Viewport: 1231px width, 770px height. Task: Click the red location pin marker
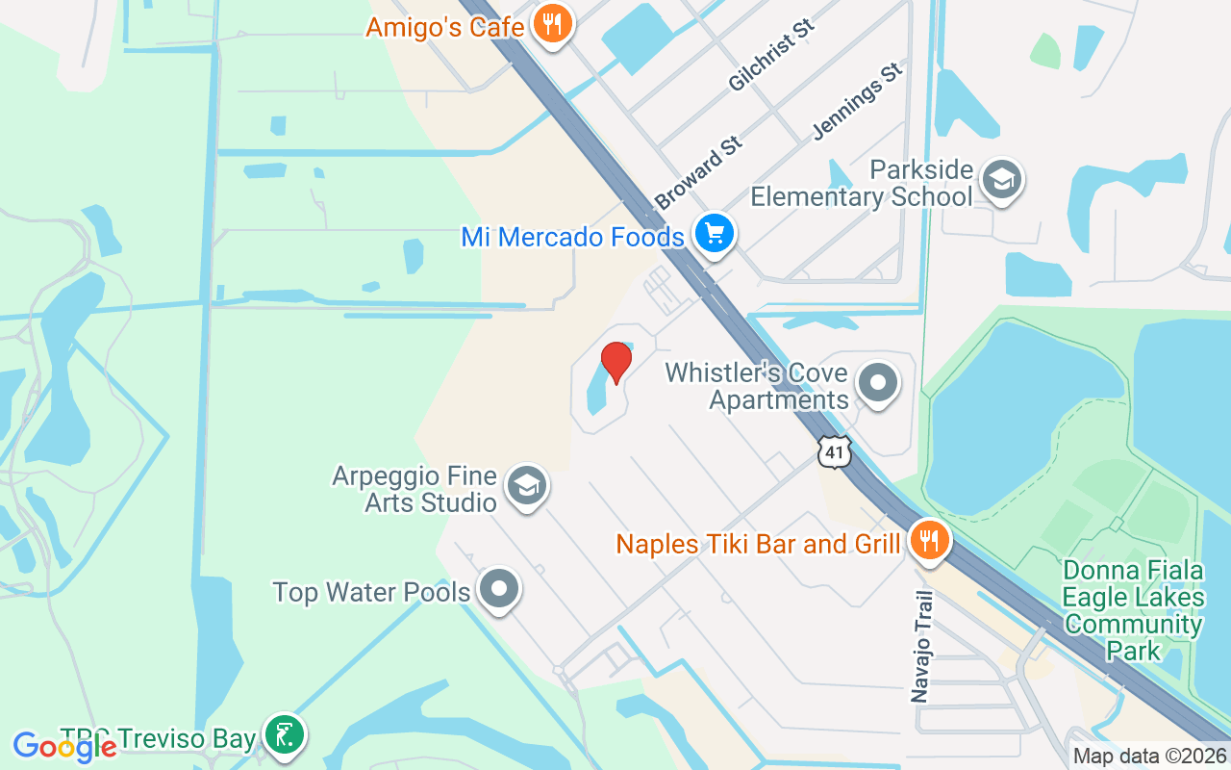[x=615, y=362]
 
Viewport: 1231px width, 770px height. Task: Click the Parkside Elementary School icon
[x=1001, y=179]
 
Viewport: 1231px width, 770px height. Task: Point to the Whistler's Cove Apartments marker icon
[x=877, y=383]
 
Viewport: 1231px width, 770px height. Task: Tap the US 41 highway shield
[x=835, y=450]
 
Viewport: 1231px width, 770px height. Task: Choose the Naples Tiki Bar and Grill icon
[x=928, y=540]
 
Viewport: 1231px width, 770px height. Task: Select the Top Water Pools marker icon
[x=498, y=588]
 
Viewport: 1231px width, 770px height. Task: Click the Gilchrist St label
[x=771, y=55]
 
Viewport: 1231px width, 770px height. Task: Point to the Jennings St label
[x=858, y=100]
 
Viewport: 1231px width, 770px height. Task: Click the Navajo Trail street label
[x=921, y=646]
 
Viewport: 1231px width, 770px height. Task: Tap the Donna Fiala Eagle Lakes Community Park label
[x=1134, y=610]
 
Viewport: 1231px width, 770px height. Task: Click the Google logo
[x=64, y=746]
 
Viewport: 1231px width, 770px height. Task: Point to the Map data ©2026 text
[x=1149, y=757]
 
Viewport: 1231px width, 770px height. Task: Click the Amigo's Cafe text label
[x=444, y=26]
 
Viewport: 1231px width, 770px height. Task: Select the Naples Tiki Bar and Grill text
[x=758, y=544]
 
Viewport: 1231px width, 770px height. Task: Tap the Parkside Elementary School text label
[x=862, y=184]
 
